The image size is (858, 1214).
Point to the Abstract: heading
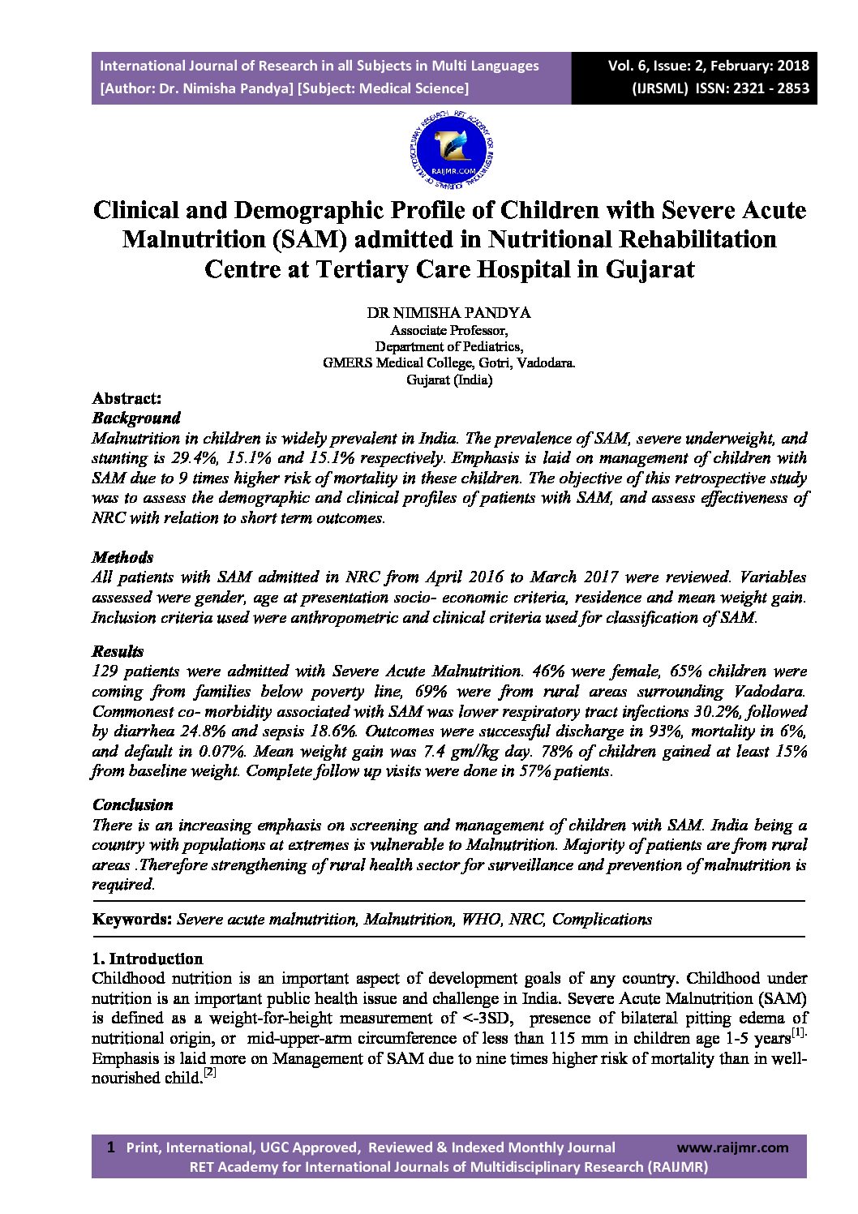127,399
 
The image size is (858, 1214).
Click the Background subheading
136,418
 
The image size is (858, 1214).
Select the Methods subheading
123,558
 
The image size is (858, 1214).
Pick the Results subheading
118,652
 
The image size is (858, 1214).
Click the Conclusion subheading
133,805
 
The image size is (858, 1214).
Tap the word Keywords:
132,920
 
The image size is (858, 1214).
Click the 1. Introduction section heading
148,959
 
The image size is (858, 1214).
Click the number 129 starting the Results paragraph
106,671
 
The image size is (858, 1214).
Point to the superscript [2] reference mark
208,1074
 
